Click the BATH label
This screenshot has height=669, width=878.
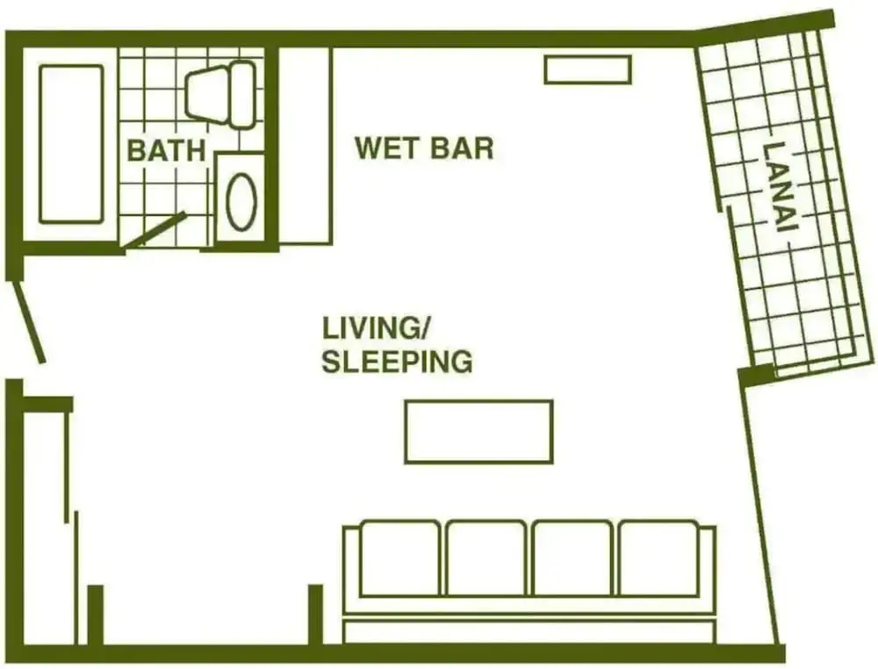(166, 150)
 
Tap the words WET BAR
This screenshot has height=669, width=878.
(424, 147)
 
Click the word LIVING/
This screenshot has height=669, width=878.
(375, 328)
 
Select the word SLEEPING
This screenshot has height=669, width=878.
(397, 361)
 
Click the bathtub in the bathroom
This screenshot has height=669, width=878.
(71, 144)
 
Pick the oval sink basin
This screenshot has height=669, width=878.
(242, 201)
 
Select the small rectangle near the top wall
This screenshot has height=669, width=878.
(588, 69)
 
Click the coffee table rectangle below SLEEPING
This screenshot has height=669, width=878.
(479, 432)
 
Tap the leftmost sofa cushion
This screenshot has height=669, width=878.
(399, 558)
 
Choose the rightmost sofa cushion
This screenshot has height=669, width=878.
(658, 558)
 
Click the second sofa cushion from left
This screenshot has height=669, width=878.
(486, 558)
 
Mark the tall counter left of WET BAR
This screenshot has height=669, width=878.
(306, 146)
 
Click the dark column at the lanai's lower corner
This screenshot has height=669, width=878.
(757, 374)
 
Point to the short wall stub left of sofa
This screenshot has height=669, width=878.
(316, 615)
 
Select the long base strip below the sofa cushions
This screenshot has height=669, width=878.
(529, 631)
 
